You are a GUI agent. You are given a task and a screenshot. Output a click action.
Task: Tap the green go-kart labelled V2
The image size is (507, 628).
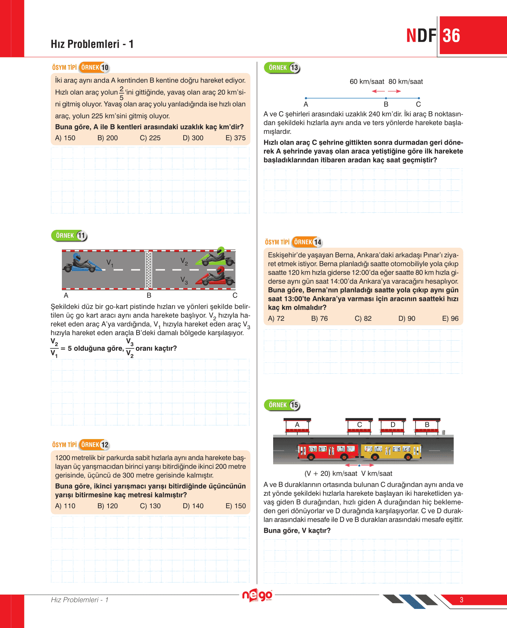point(215,257)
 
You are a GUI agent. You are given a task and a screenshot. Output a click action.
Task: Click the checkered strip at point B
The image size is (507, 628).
point(149,269)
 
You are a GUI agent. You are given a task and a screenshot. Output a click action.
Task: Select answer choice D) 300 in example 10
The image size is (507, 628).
point(193,138)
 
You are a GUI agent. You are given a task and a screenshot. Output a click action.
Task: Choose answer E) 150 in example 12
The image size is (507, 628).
point(236,506)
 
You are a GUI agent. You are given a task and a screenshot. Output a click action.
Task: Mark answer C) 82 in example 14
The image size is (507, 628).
point(363,318)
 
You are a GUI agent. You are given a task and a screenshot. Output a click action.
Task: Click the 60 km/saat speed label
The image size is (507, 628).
point(367,81)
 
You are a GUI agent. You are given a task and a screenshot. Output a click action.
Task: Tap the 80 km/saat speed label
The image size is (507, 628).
point(406,81)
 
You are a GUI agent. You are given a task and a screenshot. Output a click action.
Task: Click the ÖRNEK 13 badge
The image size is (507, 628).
point(282,68)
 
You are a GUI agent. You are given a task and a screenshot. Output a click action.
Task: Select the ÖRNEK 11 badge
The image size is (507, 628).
point(69,236)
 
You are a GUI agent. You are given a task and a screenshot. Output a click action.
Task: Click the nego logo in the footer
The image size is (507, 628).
point(257,595)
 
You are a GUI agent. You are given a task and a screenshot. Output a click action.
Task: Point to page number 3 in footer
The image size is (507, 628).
point(461,600)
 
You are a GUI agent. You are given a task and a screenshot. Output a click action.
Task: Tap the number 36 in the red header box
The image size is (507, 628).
point(451,36)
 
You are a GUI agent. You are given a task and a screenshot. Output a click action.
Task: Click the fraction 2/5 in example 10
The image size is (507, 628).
point(121,93)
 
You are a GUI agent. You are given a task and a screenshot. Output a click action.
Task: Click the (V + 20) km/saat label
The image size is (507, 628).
point(331,473)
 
